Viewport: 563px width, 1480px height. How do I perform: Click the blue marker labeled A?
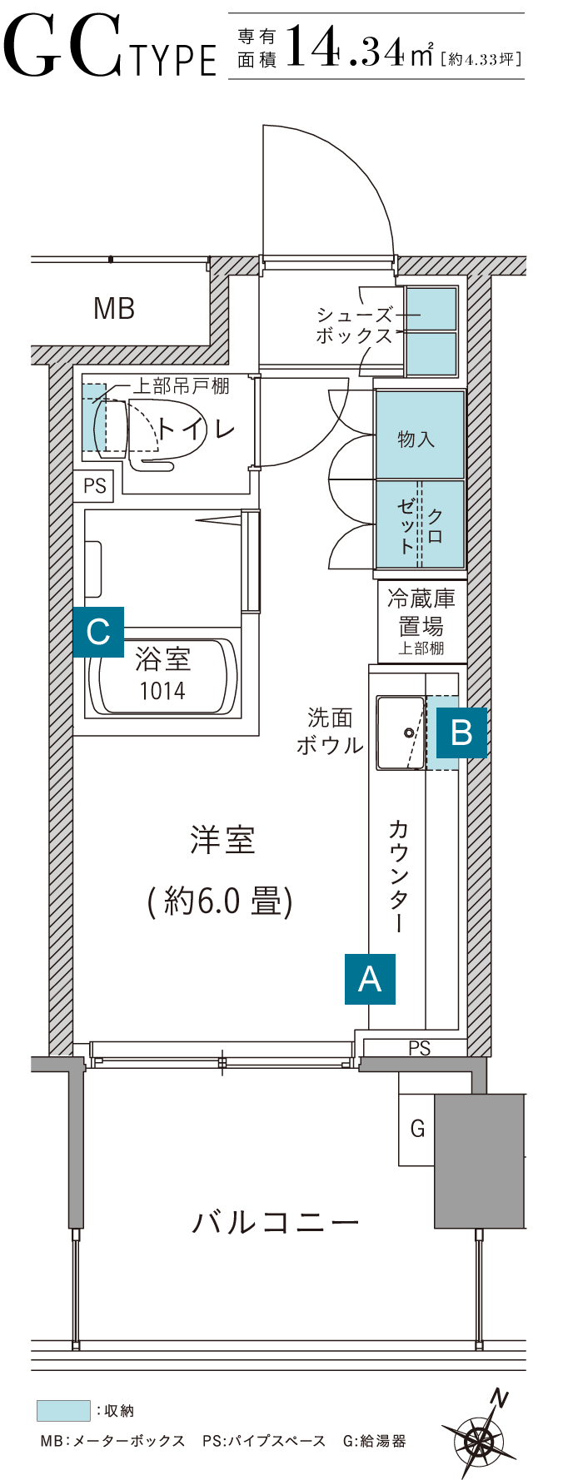point(370,979)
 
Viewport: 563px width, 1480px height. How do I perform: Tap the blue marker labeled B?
point(461,733)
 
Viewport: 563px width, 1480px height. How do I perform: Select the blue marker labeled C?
point(98,632)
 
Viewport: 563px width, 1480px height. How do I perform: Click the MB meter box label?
point(114,309)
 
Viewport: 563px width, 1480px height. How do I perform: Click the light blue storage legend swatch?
point(63,1411)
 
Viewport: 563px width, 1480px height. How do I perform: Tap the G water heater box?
point(416,1130)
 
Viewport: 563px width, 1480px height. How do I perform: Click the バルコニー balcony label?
point(276,1222)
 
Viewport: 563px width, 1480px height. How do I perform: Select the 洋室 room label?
point(222,840)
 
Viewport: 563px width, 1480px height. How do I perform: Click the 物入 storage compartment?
point(420,435)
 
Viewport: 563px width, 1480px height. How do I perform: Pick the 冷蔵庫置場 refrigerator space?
point(421,621)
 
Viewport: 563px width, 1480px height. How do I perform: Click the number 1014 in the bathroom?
point(162,690)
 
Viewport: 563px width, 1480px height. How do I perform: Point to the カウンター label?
point(398,876)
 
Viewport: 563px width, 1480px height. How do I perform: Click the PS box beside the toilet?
point(94,485)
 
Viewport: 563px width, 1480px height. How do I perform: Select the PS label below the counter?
point(420,1048)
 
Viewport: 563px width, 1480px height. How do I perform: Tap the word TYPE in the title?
point(173,60)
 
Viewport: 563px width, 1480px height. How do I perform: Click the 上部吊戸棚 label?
point(181,385)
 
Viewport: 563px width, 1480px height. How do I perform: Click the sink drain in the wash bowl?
point(408,733)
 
